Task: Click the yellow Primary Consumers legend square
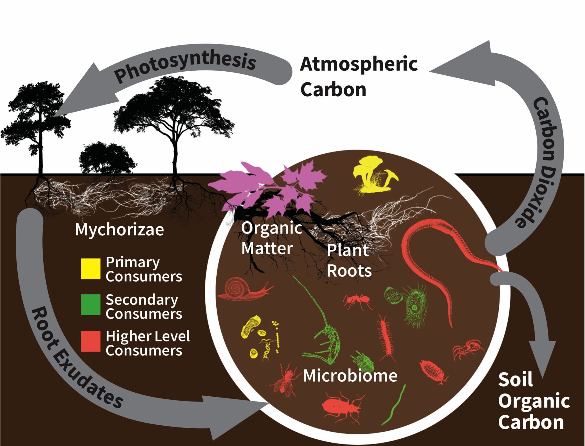pos(90,269)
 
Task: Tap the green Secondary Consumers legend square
pos(90,304)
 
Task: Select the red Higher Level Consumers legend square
pos(90,341)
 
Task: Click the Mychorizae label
pos(119,230)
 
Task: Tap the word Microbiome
pos(350,376)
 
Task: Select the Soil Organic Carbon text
pos(534,401)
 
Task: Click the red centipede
pos(385,337)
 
